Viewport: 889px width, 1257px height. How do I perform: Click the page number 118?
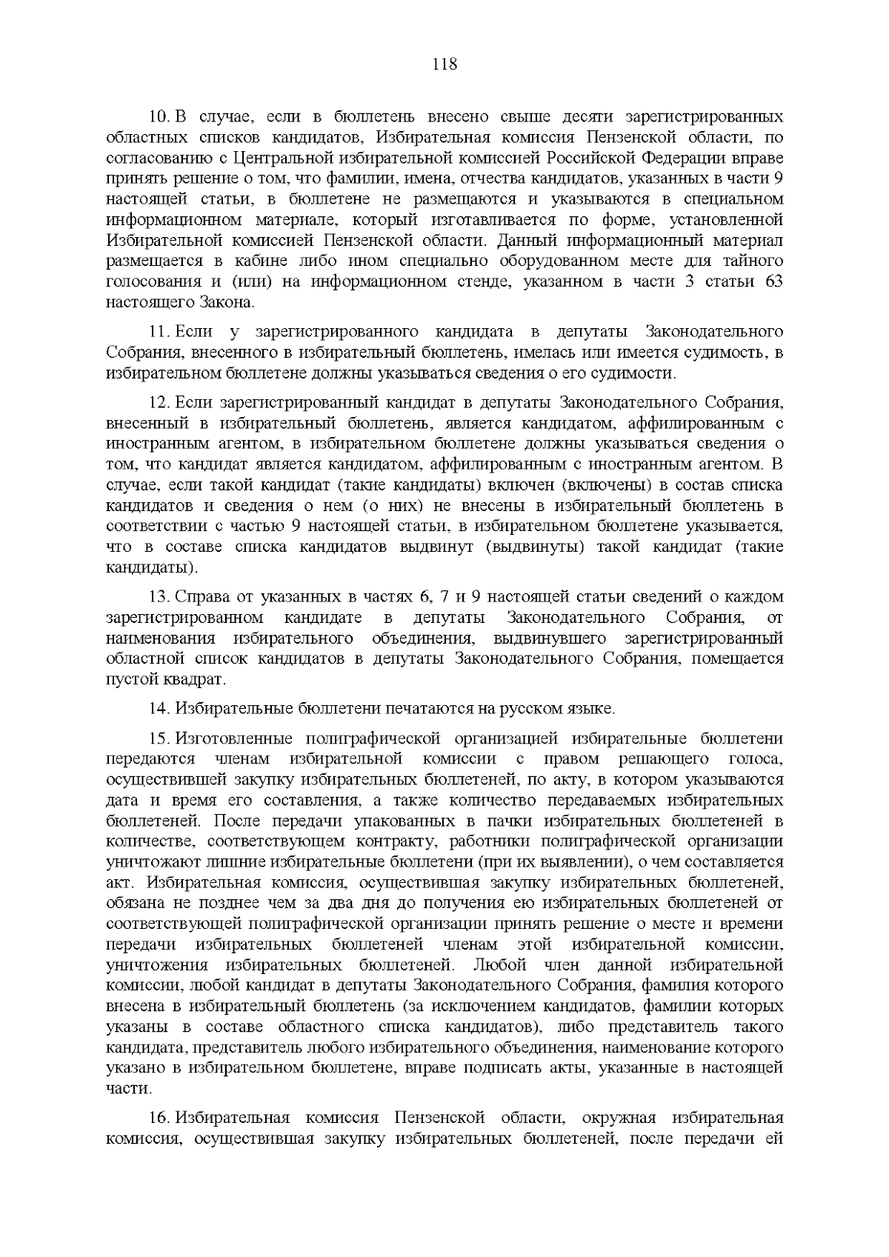(x=444, y=64)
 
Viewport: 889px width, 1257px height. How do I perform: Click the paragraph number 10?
(x=160, y=118)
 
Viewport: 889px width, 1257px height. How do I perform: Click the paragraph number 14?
(x=160, y=709)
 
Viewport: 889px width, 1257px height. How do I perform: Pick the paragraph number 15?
(x=160, y=740)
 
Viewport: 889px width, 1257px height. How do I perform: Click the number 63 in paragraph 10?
(x=773, y=282)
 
